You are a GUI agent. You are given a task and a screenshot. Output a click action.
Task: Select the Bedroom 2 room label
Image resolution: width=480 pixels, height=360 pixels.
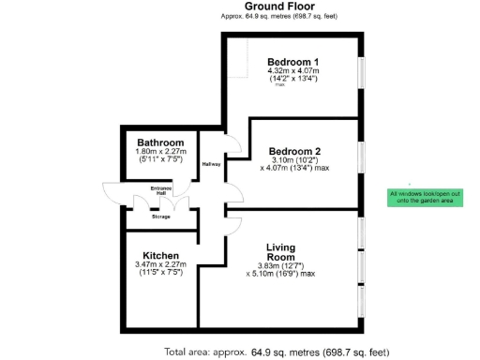tap(294, 151)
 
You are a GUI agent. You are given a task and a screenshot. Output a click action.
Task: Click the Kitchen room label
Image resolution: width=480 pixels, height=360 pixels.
tap(161, 256)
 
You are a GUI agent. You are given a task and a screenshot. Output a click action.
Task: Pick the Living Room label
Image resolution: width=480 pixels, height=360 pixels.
tap(280, 252)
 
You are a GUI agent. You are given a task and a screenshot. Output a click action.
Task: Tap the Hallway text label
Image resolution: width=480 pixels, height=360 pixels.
tap(212, 164)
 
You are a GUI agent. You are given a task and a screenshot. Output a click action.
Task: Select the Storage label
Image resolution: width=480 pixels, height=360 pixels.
tap(161, 217)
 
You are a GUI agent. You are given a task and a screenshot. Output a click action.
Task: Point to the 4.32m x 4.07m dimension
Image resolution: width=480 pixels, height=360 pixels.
tap(292, 71)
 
